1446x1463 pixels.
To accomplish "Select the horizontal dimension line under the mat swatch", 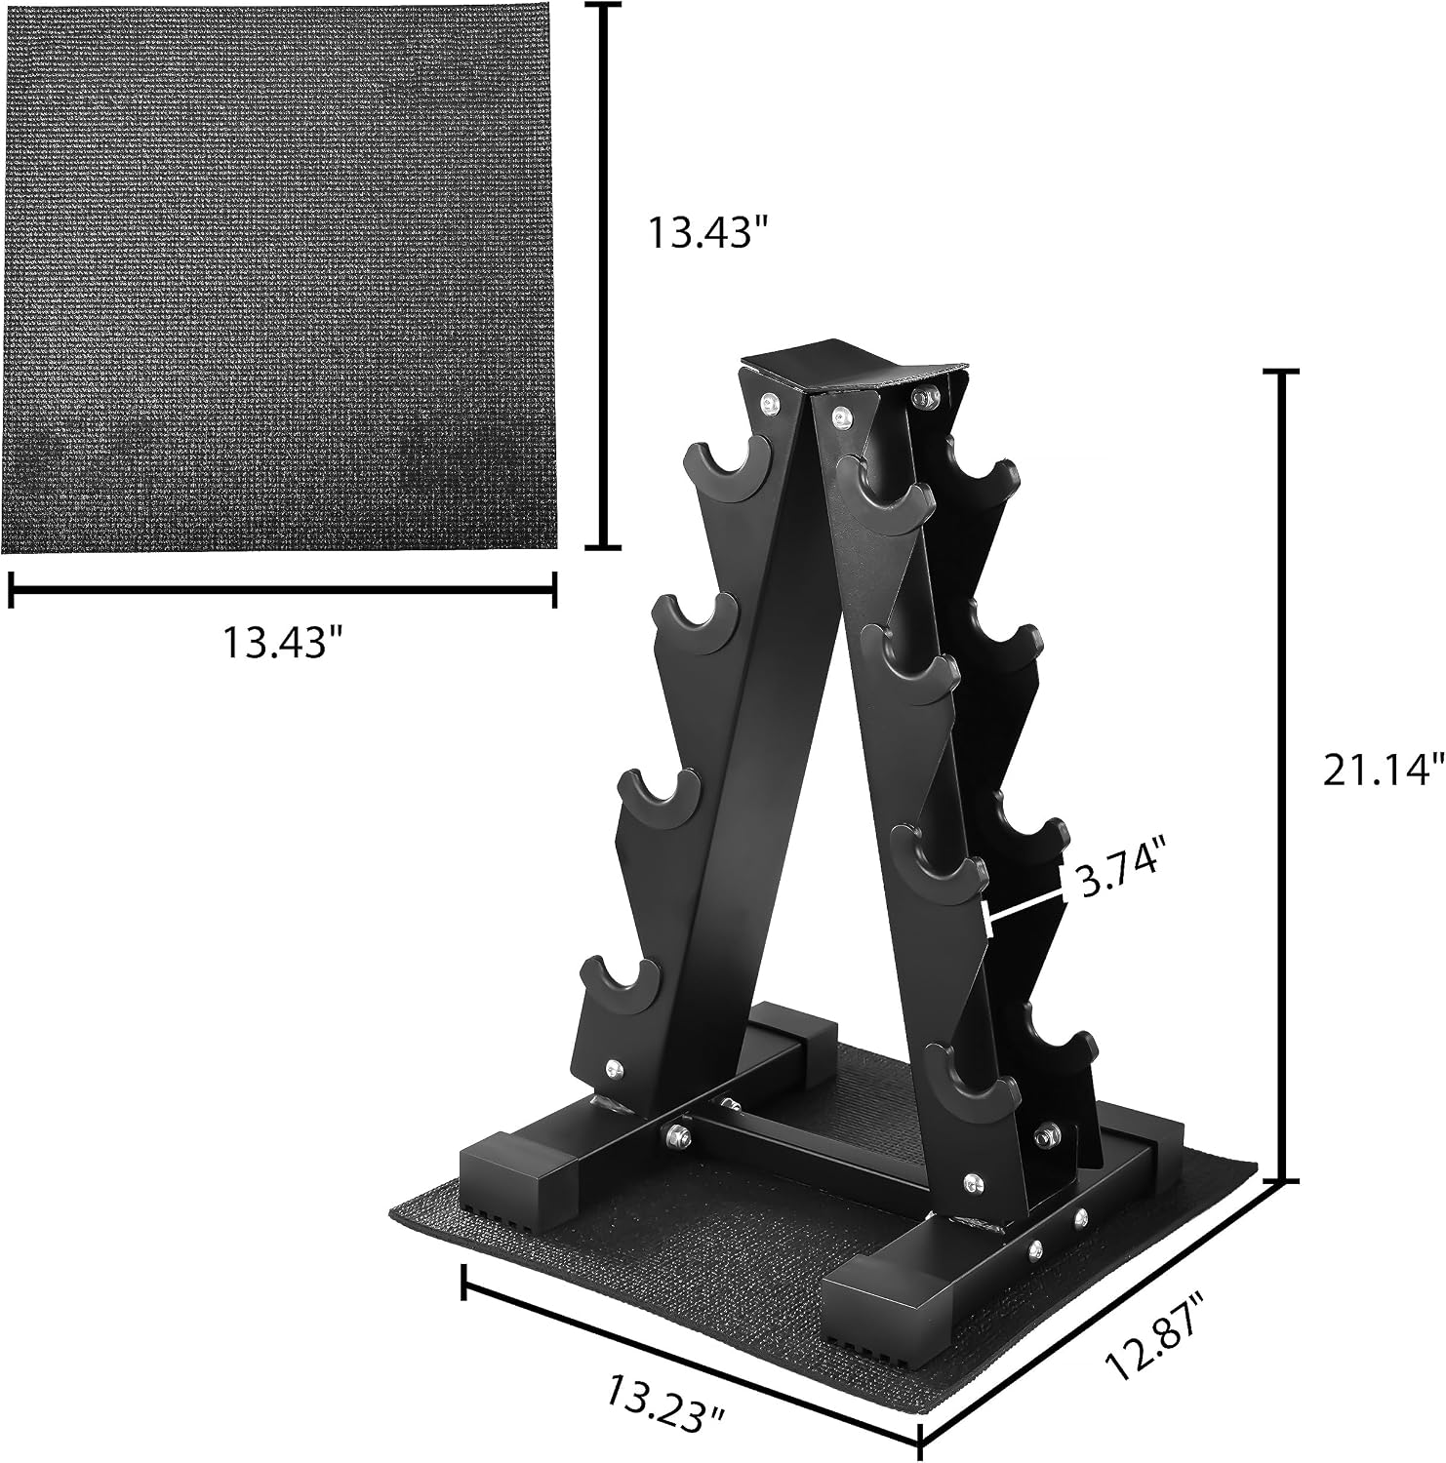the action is click(283, 588).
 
